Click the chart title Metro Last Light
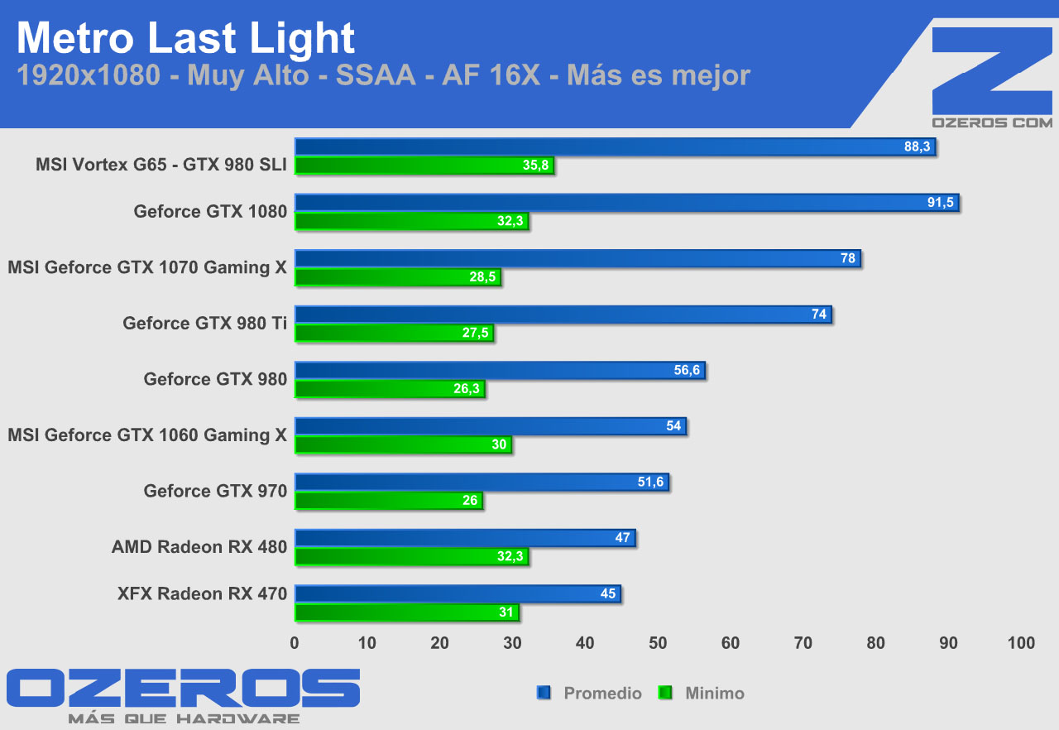pyautogui.click(x=185, y=38)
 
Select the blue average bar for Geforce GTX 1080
pyautogui.click(x=626, y=203)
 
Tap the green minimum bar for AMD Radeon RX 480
pyautogui.click(x=411, y=557)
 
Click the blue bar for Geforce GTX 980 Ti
pyautogui.click(x=563, y=315)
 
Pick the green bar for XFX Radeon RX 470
pyautogui.click(x=406, y=612)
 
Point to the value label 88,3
pyautogui.click(x=918, y=147)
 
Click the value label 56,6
pyautogui.click(x=688, y=371)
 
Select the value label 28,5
pyautogui.click(x=483, y=277)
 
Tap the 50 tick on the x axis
pyautogui.click(x=658, y=643)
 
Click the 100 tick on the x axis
pyautogui.click(x=1021, y=643)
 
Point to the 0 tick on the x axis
pyautogui.click(x=295, y=643)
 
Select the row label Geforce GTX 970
pyautogui.click(x=215, y=491)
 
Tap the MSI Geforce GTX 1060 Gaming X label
pyautogui.click(x=147, y=435)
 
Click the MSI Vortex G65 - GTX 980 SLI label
pyautogui.click(x=161, y=164)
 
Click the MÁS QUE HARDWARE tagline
pyautogui.click(x=184, y=718)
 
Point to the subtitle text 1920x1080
pyautogui.click(x=88, y=75)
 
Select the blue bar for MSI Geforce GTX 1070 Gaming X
pyautogui.click(x=577, y=258)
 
